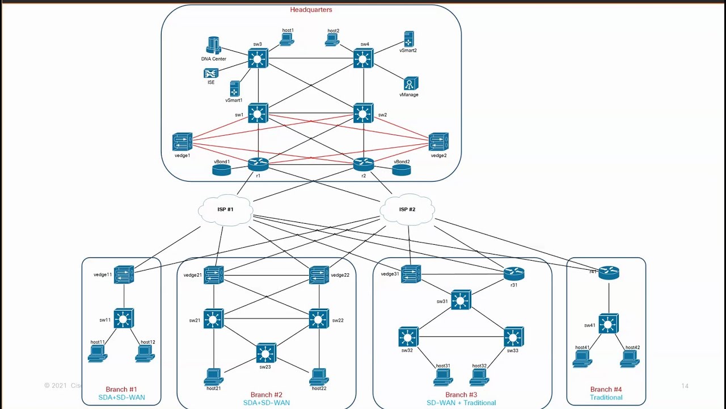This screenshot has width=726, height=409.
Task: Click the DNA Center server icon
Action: [213, 45]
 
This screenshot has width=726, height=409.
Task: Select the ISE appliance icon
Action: [211, 73]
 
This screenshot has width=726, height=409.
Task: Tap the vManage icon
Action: [411, 84]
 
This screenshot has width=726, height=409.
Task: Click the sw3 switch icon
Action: [258, 59]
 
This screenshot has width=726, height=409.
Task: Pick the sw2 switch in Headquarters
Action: [363, 113]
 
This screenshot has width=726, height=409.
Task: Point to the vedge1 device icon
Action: [183, 141]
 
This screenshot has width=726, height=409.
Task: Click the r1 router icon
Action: [258, 164]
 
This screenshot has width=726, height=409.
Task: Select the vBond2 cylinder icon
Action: [401, 169]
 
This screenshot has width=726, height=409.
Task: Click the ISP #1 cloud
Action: [225, 210]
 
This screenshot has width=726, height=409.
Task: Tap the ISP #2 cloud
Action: [407, 210]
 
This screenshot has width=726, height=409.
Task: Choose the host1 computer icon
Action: [286, 39]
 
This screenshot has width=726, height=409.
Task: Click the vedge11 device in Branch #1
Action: [124, 275]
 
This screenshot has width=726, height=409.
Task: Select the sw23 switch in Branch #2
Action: [265, 353]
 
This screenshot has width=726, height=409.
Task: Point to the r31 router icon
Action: [514, 273]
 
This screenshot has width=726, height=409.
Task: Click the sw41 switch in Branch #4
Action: [609, 324]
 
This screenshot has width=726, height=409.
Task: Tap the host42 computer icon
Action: [630, 358]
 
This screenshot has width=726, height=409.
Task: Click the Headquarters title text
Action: [311, 10]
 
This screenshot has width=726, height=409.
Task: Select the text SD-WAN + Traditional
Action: [461, 403]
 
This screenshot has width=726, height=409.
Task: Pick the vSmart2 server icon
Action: [408, 39]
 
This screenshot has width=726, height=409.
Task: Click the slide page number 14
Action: [685, 386]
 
